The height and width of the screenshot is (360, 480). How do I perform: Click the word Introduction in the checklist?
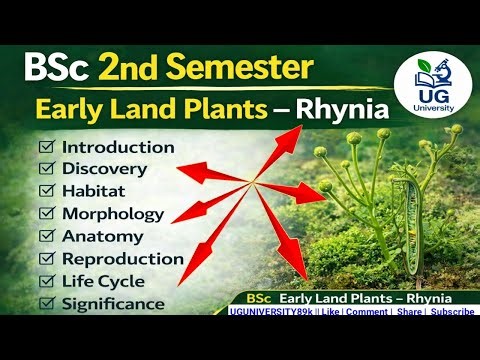tap(118, 148)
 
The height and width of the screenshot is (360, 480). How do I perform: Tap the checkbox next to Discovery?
tap(46, 170)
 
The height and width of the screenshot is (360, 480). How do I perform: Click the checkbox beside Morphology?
tap(46, 214)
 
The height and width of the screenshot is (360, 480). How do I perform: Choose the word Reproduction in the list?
tap(122, 258)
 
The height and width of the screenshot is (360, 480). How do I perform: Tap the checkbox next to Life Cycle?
tap(46, 280)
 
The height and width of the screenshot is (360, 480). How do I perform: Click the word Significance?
tap(112, 302)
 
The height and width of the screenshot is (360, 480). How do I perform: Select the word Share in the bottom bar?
tap(409, 312)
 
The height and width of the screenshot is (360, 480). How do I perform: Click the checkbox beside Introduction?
tap(46, 148)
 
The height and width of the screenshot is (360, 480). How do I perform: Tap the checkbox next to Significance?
tap(46, 302)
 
